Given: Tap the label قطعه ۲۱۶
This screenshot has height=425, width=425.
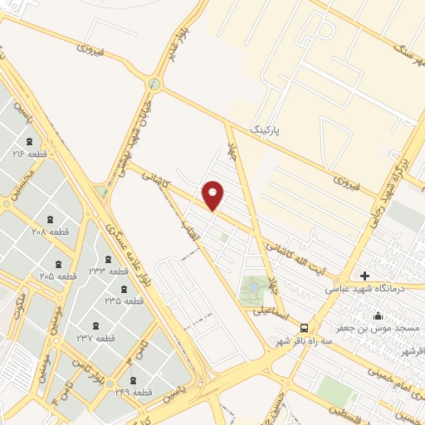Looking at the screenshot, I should tap(29, 154).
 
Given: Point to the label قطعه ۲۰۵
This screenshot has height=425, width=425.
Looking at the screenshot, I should tap(57, 276).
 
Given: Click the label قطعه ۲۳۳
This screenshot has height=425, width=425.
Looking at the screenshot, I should tap(109, 271).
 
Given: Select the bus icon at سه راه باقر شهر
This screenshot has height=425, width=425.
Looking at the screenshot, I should tap(305, 327).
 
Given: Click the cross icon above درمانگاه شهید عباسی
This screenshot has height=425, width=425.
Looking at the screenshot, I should tap(365, 275).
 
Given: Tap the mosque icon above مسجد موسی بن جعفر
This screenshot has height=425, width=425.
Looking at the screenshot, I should tap(379, 316).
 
